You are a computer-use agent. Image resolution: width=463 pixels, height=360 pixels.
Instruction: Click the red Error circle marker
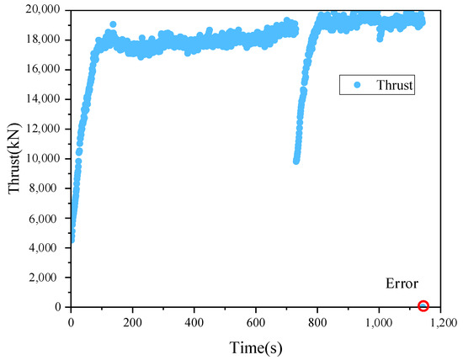(423, 306)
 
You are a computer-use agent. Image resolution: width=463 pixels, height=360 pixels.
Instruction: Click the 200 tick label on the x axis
(132, 321)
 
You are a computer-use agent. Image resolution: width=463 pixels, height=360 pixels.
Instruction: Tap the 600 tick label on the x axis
(256, 321)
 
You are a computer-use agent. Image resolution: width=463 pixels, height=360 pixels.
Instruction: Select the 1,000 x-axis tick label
(379, 321)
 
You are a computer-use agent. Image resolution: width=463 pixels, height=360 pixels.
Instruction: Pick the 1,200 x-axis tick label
(439, 321)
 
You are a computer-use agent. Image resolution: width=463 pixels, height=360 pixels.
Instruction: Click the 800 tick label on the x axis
(317, 321)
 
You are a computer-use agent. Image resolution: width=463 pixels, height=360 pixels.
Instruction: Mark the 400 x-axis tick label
(194, 321)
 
